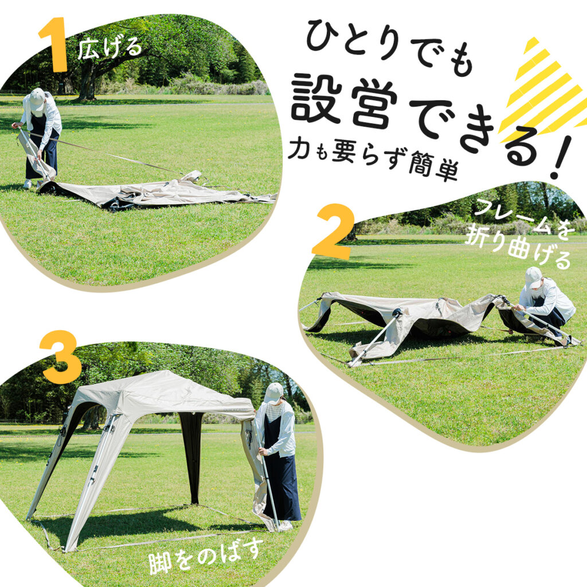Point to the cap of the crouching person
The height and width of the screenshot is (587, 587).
[x=533, y=277]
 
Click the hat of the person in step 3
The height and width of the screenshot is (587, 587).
[x=274, y=392]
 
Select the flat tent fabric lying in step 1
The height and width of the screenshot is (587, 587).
[x=155, y=192]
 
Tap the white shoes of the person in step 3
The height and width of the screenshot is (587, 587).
[x=285, y=525]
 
